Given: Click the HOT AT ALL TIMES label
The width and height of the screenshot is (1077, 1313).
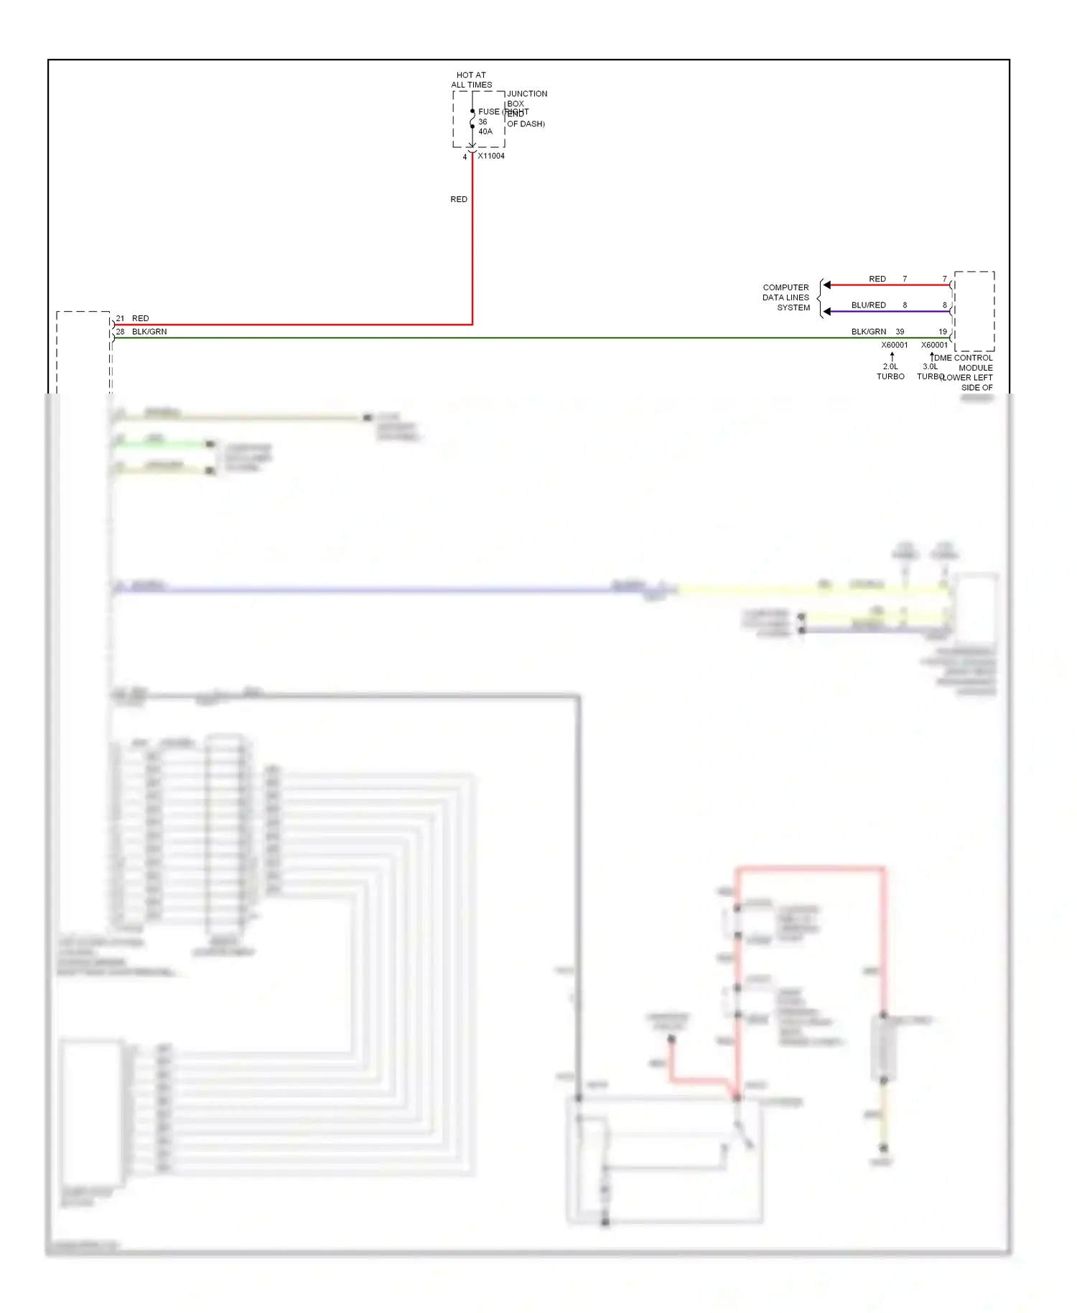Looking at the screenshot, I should point(471,80).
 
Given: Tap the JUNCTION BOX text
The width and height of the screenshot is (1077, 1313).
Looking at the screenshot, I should point(526,98).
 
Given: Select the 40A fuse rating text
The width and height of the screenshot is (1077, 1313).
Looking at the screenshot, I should point(485,131).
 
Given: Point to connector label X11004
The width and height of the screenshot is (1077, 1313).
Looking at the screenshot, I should point(491,156).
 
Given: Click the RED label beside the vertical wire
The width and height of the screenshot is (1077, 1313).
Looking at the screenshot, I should point(459,199).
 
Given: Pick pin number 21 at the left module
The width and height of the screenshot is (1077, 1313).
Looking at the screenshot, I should point(120,318).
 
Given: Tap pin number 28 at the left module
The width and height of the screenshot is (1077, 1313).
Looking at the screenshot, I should point(120,332).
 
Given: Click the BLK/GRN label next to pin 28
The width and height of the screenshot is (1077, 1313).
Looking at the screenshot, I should point(149,332).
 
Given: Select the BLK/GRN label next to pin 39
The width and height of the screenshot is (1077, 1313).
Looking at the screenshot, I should point(868,332).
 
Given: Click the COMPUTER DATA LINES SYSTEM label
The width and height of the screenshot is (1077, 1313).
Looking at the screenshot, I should point(786,297).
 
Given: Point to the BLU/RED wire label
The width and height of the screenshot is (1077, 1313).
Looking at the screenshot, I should point(868,305).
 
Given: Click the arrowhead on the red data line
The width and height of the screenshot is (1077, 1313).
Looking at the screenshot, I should point(827,285).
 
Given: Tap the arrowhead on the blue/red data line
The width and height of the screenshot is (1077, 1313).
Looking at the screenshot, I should point(827,312).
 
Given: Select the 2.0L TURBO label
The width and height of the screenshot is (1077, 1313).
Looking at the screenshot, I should point(890,371).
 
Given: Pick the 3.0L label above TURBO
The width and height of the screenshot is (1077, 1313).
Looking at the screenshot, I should point(930,366).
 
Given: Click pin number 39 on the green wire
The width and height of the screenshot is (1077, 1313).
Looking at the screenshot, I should point(900,332).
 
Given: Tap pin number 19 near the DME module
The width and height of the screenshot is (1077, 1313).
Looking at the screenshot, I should point(943,332).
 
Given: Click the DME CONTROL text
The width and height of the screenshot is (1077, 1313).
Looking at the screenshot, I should point(964,358).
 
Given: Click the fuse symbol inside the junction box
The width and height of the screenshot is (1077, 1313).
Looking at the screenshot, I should point(472,119).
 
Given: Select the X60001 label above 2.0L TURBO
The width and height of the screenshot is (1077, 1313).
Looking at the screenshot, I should point(895,345).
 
